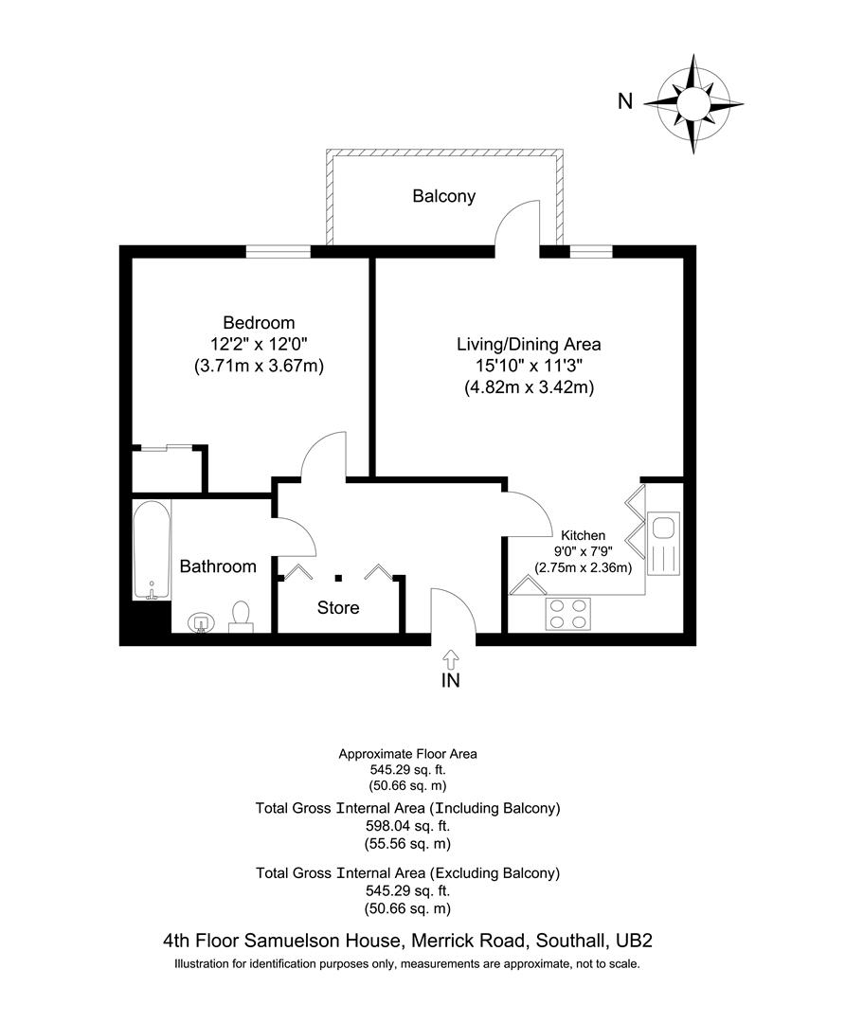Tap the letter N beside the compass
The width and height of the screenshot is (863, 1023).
[624, 101]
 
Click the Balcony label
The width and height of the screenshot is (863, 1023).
[443, 197]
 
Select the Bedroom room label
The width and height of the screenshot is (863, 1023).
[259, 323]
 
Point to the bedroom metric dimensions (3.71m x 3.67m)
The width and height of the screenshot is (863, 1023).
[259, 366]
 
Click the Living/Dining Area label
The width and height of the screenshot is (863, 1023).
[529, 344]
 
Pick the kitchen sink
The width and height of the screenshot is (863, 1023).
[663, 545]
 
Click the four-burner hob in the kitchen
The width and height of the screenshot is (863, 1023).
[566, 614]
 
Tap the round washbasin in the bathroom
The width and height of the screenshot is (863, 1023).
[202, 622]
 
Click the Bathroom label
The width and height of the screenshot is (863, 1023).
[218, 566]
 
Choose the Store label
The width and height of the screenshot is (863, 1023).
[338, 607]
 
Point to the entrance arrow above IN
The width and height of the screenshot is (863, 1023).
[450, 657]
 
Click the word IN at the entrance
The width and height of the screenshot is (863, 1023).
[450, 680]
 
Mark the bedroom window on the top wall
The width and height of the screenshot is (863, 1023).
[279, 251]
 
